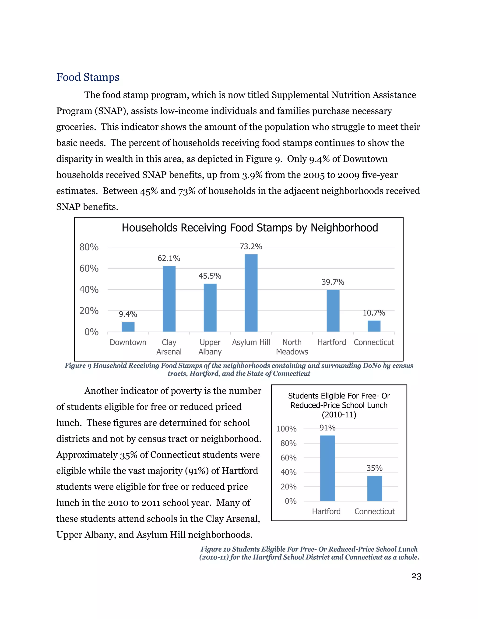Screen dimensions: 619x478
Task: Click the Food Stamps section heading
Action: pos(88,77)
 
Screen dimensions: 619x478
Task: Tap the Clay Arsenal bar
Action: pos(169,299)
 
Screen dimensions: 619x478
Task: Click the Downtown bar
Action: pos(128,327)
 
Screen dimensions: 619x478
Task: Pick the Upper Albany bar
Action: pos(210,308)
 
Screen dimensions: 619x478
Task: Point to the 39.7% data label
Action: pos(333,282)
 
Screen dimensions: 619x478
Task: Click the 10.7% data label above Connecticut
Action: pos(374,313)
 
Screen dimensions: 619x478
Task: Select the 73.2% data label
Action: pos(251,247)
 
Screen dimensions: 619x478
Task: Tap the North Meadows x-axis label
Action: pos(292,347)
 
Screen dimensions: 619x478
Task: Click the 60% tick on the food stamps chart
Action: pos(89,268)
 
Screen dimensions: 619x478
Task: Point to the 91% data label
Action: pos(327,428)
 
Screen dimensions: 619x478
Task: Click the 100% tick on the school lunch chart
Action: pos(286,429)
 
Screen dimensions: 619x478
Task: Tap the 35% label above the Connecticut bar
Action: pos(374,468)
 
